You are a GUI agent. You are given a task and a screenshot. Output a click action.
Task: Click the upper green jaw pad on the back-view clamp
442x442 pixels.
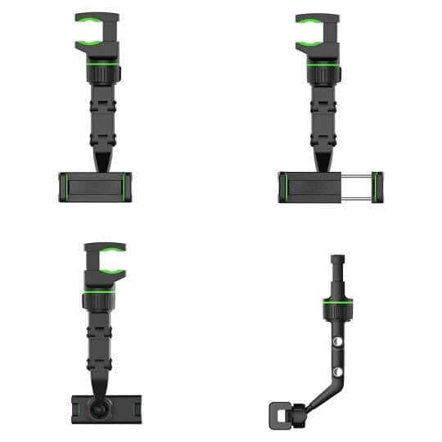(x=105, y=247)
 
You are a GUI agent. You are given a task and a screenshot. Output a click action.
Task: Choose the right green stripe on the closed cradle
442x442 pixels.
(x=130, y=187)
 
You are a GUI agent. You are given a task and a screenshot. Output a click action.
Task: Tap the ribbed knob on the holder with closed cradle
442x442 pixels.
(x=102, y=73)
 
